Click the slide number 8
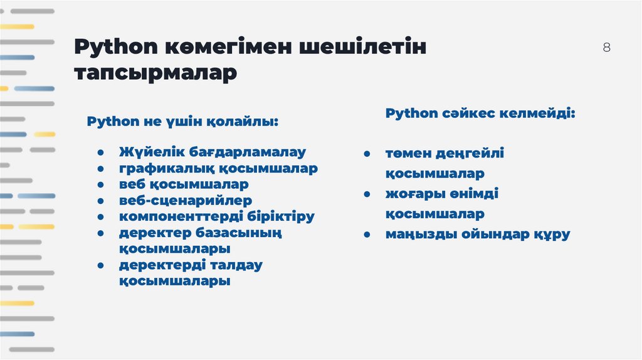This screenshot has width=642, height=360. [x=606, y=48]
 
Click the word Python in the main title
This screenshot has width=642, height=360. [x=117, y=48]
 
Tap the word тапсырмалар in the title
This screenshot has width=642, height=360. [x=156, y=73]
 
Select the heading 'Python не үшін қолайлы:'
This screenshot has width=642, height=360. [x=182, y=120]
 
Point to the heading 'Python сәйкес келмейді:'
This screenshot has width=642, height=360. [x=480, y=114]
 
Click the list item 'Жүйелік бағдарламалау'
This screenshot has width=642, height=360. [x=212, y=152]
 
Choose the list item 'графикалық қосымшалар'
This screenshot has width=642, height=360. [x=218, y=168]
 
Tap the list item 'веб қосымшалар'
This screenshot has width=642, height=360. [x=184, y=184]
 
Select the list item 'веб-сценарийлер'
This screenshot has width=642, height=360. [x=186, y=201]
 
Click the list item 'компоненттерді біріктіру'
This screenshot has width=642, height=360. [x=217, y=217]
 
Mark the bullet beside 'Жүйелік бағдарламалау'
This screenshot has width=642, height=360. [x=100, y=152]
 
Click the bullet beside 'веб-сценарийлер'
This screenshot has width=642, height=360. [x=100, y=201]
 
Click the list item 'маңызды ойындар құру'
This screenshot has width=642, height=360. [x=477, y=235]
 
